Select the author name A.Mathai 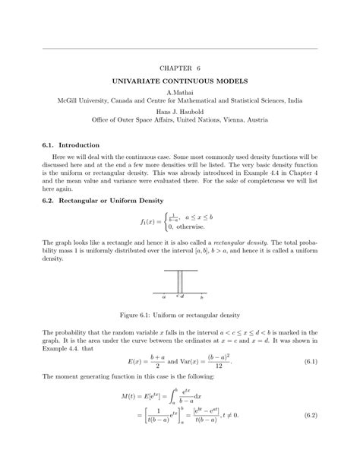click(180, 92)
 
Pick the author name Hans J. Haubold click(180, 112)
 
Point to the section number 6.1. click(48, 144)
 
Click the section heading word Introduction click(79, 144)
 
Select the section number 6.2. click(48, 201)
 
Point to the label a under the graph click(165, 297)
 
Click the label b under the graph click(201, 297)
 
